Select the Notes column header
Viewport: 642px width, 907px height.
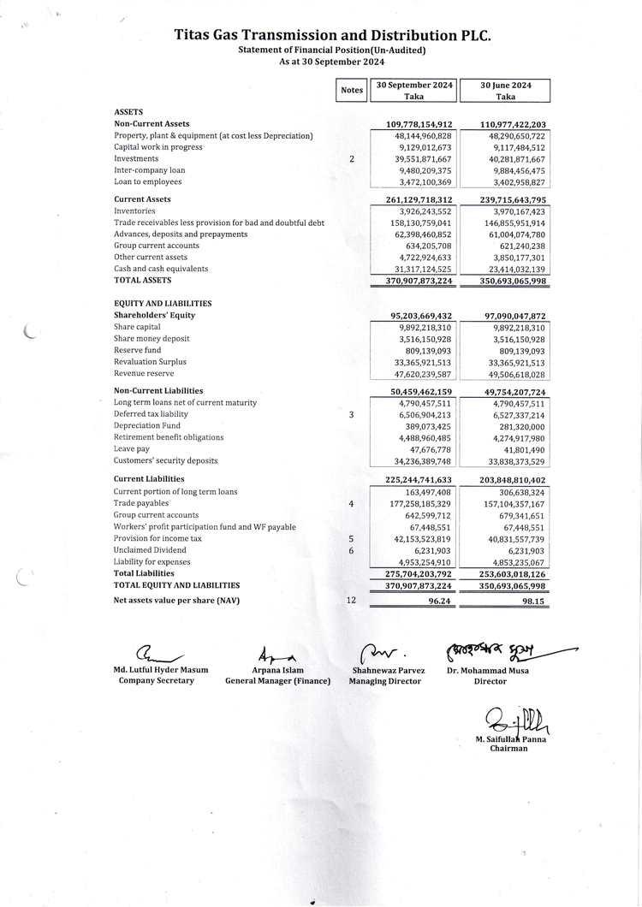point(352,90)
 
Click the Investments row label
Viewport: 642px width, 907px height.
point(136,158)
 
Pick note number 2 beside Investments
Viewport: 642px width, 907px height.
point(352,159)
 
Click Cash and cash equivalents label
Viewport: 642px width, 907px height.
point(161,269)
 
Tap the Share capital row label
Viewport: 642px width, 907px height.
point(137,327)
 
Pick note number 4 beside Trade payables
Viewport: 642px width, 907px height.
point(352,504)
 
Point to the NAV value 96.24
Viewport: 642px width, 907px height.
point(438,601)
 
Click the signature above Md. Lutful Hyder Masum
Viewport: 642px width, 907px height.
point(158,655)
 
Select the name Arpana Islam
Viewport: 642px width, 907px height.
point(277,670)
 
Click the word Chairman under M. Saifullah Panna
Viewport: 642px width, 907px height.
point(508,748)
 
